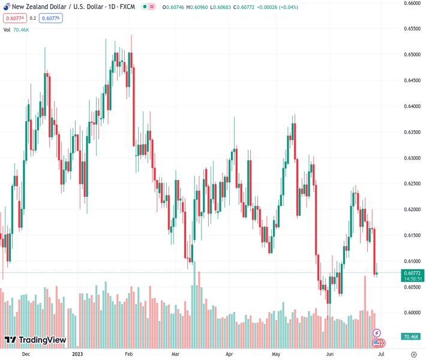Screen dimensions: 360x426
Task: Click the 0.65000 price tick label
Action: [411, 54]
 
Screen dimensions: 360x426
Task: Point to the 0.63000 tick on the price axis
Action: [411, 158]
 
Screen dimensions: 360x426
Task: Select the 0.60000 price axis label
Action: [411, 313]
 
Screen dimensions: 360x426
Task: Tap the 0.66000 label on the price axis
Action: [411, 3]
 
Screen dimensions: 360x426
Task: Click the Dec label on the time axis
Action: [25, 355]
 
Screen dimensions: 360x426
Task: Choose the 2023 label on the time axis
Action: [78, 355]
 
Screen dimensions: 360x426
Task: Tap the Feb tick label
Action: [128, 355]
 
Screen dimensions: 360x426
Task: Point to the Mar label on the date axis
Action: [176, 355]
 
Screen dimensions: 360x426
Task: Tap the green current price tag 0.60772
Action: [412, 272]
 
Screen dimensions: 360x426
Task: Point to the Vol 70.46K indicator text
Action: [20, 29]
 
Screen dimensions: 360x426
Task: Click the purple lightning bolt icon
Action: [377, 332]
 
